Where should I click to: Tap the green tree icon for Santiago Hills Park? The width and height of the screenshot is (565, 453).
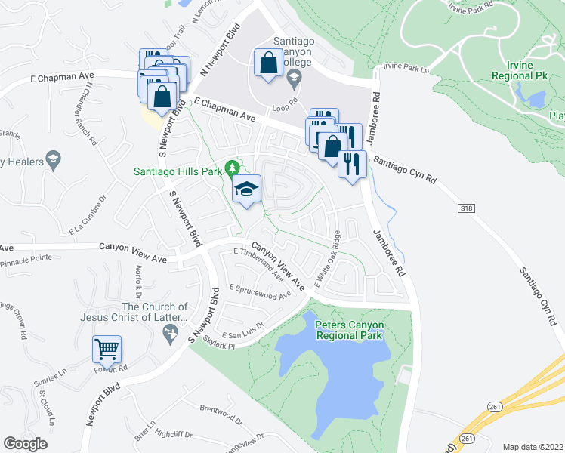point(234,167)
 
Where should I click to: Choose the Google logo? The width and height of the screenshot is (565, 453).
point(26,444)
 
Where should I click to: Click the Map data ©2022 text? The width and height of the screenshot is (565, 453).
point(533,447)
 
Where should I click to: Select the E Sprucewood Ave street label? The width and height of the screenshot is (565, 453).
point(260,291)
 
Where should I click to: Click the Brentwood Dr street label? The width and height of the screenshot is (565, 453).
point(221,412)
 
